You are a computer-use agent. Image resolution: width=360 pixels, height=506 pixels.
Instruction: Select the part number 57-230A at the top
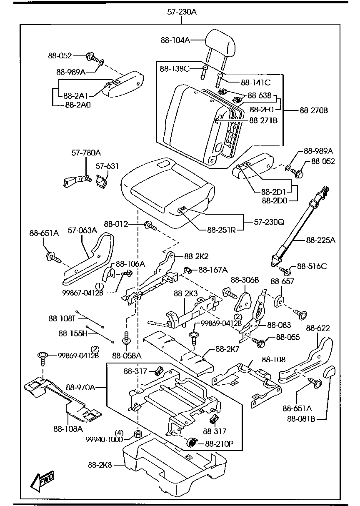point(182,12)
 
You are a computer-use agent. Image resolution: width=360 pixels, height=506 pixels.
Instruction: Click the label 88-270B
point(314,111)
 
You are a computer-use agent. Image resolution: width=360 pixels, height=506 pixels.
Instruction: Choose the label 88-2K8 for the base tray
point(100,465)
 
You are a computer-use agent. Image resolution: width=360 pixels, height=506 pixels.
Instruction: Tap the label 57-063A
point(81,230)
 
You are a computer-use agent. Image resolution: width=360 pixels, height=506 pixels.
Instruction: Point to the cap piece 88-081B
point(329,371)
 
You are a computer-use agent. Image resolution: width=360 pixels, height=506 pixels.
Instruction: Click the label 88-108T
point(61,318)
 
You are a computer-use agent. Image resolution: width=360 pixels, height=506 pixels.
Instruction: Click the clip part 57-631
point(100,181)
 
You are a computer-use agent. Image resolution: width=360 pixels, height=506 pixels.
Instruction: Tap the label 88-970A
point(81,388)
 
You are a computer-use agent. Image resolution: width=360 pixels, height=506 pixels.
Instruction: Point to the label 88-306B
point(245,280)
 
